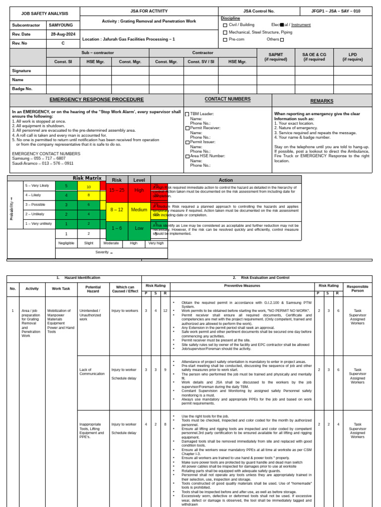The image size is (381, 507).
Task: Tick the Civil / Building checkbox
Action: tap(225, 25)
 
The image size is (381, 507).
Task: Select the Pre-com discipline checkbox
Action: tap(225, 40)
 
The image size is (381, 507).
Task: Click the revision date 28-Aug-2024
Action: tap(63, 34)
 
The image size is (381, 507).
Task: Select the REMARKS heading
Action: tap(322, 101)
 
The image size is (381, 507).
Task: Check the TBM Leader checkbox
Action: tap(187, 114)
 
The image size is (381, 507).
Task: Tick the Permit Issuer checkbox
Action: tap(187, 142)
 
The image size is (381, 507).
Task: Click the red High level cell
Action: tap(139, 190)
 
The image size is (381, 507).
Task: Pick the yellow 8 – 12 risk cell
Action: tap(117, 209)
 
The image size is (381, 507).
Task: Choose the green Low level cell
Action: tap(139, 228)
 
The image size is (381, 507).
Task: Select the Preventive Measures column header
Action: tap(242, 286)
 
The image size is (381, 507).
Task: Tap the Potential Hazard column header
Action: tap(93, 289)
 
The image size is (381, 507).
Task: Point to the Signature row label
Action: tap(21, 71)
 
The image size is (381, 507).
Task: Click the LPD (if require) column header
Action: tap(352, 56)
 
